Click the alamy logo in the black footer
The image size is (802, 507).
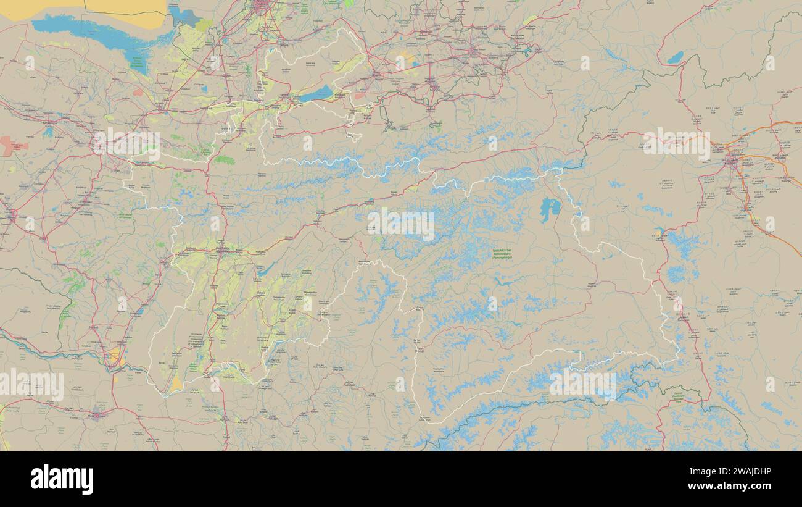(x=62, y=479)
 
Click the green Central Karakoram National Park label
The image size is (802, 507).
(x=678, y=395)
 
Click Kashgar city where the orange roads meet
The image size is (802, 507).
(x=732, y=162)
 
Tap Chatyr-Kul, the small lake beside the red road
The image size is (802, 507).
(x=675, y=58)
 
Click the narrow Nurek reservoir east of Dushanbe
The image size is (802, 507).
(x=265, y=269)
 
